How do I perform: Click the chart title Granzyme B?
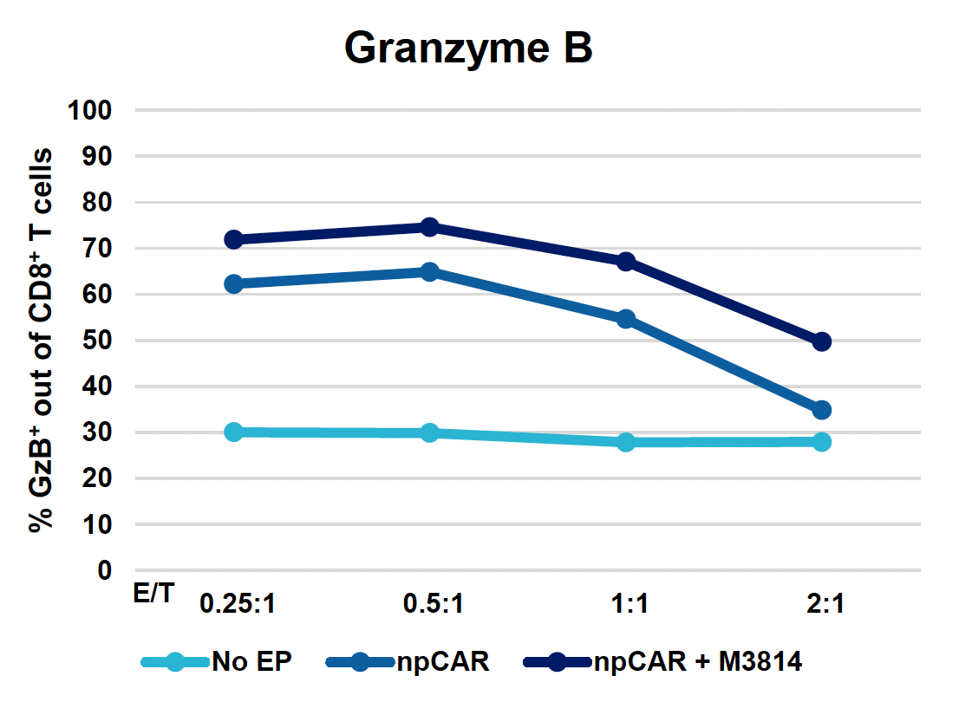point(468,49)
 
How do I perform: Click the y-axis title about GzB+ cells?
point(41,340)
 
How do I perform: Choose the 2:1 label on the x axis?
point(822,604)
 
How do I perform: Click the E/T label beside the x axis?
point(153,594)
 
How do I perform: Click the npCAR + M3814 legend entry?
point(663,663)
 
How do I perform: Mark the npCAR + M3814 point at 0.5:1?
point(429,227)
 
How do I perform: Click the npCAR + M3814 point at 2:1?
point(822,341)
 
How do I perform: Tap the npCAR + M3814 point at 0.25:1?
point(233,239)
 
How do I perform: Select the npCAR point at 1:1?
point(626,319)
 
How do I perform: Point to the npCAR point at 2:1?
point(822,410)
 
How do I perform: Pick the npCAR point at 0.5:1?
point(429,271)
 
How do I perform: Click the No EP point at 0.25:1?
point(233,432)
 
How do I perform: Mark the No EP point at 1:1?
point(626,442)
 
